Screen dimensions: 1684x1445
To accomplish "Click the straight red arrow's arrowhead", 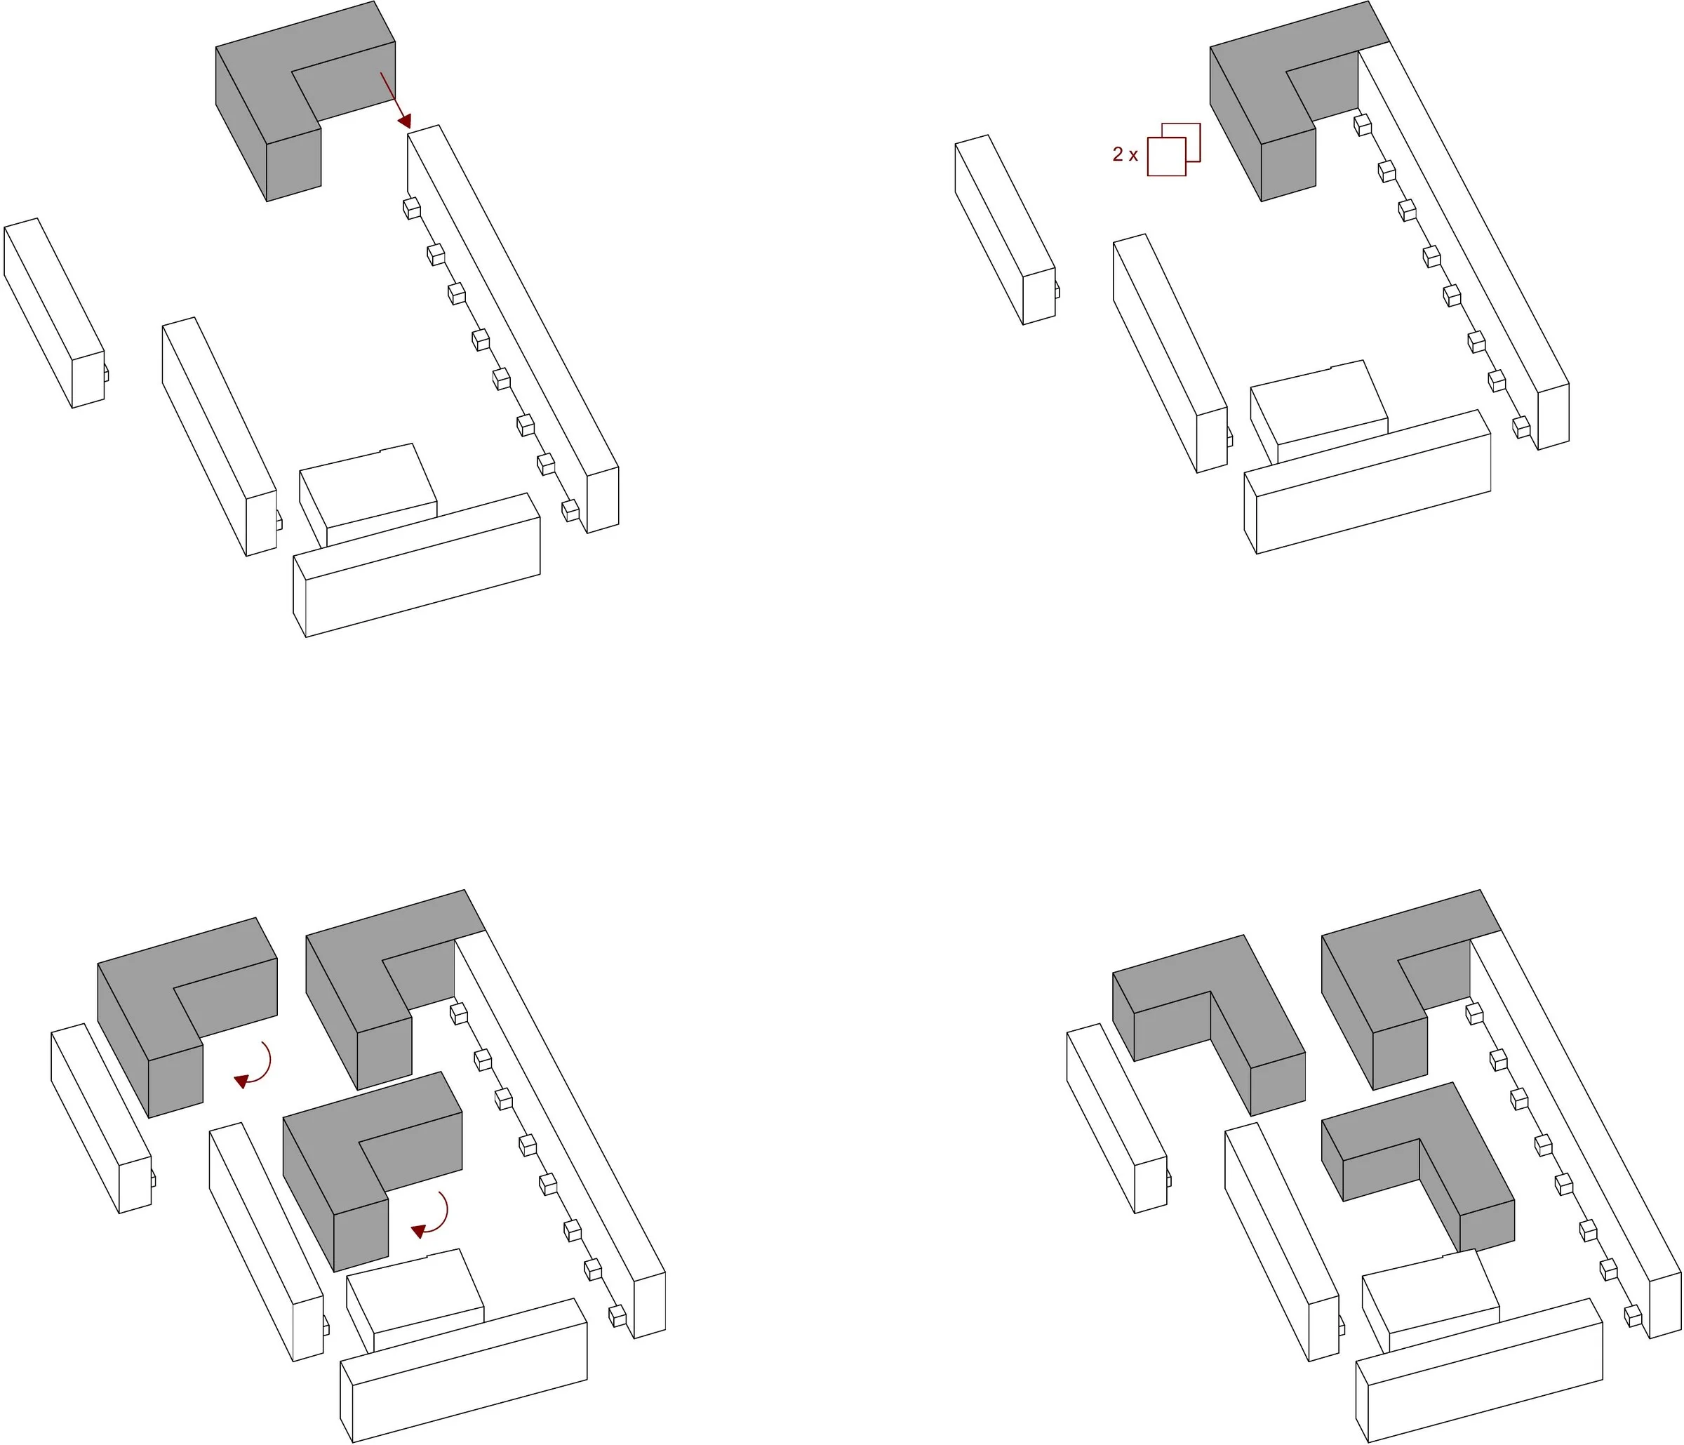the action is click(x=405, y=121).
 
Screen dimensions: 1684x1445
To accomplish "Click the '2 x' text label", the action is click(x=1125, y=154).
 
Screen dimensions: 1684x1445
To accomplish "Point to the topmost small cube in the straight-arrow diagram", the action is click(x=412, y=208).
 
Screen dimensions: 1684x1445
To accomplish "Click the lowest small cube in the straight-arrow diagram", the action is click(x=570, y=510).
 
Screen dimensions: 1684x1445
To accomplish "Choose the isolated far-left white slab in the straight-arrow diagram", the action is click(x=55, y=313).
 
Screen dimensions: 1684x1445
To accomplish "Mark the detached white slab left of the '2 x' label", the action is click(x=1005, y=230).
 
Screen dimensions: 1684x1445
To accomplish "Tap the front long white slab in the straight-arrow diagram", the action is click(x=417, y=565).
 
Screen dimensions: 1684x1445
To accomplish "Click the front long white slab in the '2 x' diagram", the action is click(x=1368, y=482).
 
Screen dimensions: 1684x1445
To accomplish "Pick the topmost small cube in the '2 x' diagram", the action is click(x=1363, y=125).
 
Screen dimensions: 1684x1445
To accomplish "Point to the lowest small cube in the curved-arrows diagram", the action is click(x=617, y=1315).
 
